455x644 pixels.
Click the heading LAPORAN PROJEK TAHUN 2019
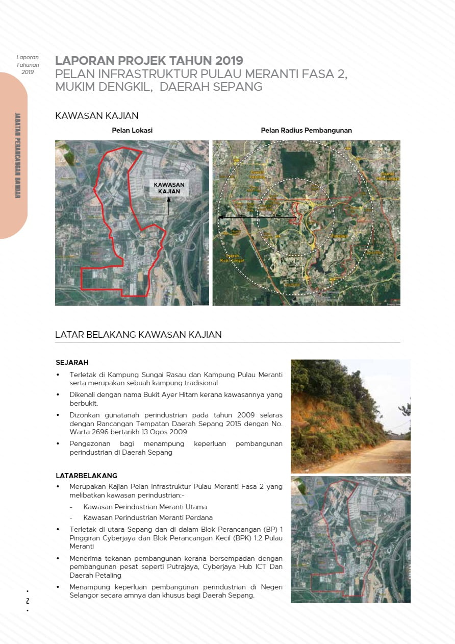[x=149, y=61]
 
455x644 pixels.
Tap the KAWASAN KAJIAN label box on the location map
[x=169, y=187]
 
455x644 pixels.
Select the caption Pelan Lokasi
[x=132, y=130]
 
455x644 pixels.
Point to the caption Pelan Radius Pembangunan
[x=306, y=130]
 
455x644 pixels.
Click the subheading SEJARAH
[x=72, y=362]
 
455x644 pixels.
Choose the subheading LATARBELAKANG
[x=86, y=476]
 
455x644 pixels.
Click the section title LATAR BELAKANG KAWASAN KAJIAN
[x=138, y=335]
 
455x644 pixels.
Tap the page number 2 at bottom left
[x=28, y=601]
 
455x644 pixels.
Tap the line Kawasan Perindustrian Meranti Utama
[x=145, y=507]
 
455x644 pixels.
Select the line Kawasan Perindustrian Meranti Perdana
[x=148, y=517]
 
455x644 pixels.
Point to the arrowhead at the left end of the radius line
[x=219, y=217]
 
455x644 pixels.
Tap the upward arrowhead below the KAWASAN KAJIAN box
[x=168, y=199]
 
